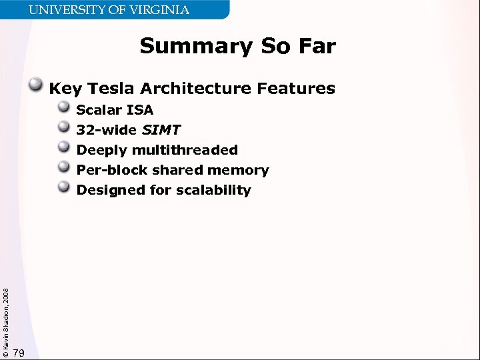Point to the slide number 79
[x=19, y=353]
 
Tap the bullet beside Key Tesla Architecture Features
[x=37, y=85]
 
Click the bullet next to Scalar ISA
[x=64, y=107]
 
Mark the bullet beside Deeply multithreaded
[x=64, y=147]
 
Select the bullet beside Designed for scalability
[x=64, y=187]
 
